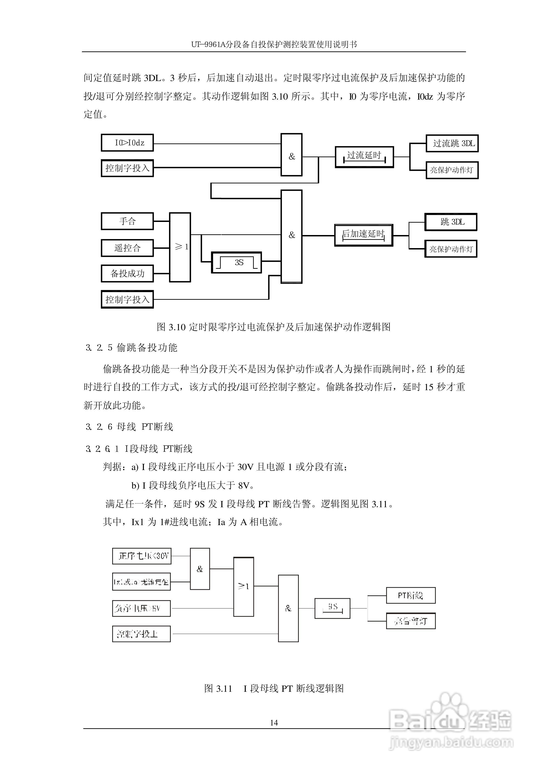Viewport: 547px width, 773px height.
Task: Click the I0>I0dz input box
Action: click(127, 143)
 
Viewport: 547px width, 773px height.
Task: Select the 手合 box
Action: click(127, 221)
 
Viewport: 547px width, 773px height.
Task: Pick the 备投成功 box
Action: click(127, 274)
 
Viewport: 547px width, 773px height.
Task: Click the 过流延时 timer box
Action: click(364, 157)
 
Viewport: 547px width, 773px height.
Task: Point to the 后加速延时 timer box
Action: click(363, 235)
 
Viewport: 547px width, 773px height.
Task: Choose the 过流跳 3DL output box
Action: click(452, 143)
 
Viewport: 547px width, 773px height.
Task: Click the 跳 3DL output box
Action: click(451, 222)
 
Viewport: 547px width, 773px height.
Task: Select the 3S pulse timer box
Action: click(237, 262)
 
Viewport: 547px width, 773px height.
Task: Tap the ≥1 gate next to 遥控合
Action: click(180, 247)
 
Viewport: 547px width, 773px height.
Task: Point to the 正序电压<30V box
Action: click(142, 556)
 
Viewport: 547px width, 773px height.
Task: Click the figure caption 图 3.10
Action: click(273, 327)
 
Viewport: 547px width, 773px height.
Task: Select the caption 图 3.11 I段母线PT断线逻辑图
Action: click(274, 686)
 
